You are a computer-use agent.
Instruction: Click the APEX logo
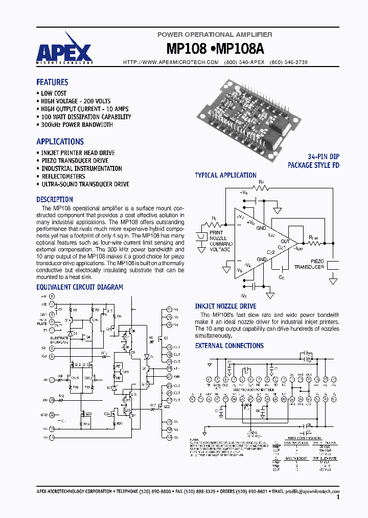[x=64, y=52]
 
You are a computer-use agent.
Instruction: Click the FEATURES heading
[x=52, y=82]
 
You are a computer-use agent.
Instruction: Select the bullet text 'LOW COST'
[x=54, y=94]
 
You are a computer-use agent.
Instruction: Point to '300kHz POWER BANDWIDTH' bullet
[x=77, y=125]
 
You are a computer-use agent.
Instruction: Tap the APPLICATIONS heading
[x=60, y=142]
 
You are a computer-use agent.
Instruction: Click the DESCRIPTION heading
[x=55, y=200]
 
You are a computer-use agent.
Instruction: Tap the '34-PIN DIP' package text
[x=323, y=157]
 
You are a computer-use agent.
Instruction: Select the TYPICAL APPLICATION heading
[x=225, y=176]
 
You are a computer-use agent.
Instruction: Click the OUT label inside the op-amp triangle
[x=285, y=241]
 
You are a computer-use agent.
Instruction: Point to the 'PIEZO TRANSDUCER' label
[x=309, y=264]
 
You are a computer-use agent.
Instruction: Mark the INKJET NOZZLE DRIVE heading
[x=225, y=307]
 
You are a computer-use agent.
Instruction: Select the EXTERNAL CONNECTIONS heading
[x=229, y=346]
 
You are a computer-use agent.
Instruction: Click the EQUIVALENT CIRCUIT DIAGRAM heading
[x=80, y=288]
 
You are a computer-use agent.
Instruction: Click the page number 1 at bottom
[x=338, y=497]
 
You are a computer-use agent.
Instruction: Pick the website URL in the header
[x=171, y=62]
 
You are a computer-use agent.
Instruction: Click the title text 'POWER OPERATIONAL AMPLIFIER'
[x=215, y=34]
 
